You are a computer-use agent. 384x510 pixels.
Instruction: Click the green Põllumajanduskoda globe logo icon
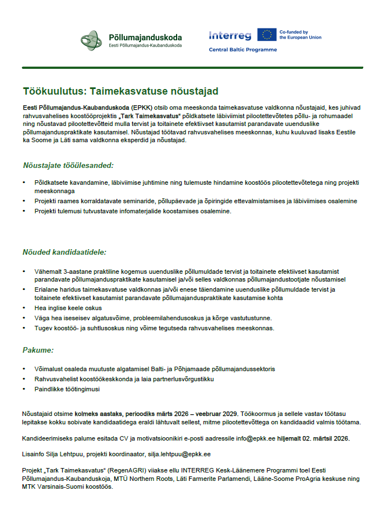[92, 40]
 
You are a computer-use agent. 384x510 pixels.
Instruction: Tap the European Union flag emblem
[266, 35]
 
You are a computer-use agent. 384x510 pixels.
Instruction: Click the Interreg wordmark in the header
[230, 35]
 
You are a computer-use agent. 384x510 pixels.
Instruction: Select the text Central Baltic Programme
[243, 50]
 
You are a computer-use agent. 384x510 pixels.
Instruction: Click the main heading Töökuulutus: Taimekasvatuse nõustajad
[121, 91]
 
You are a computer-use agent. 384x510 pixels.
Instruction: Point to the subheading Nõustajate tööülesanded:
[68, 165]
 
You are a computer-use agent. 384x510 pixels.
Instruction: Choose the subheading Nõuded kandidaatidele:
[64, 252]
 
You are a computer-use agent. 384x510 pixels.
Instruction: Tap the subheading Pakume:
[38, 350]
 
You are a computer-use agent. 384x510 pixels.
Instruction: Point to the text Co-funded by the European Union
[300, 35]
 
